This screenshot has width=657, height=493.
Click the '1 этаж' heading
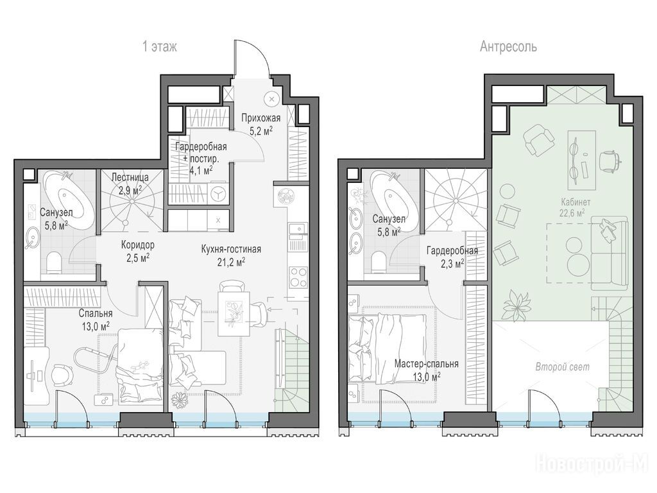coord(160,46)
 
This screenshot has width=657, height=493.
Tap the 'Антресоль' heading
coord(508,46)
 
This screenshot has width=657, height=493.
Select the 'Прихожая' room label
coord(260,119)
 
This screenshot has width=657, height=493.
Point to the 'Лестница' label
coord(130,177)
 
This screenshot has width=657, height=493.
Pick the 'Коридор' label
coord(138,245)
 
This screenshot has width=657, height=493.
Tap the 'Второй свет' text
coord(562,367)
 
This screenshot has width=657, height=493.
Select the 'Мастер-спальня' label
coord(426,364)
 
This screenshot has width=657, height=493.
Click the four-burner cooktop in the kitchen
coord(298,277)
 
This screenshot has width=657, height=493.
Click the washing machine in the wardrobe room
coord(219,194)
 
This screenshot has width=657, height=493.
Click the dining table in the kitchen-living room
coord(234,313)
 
